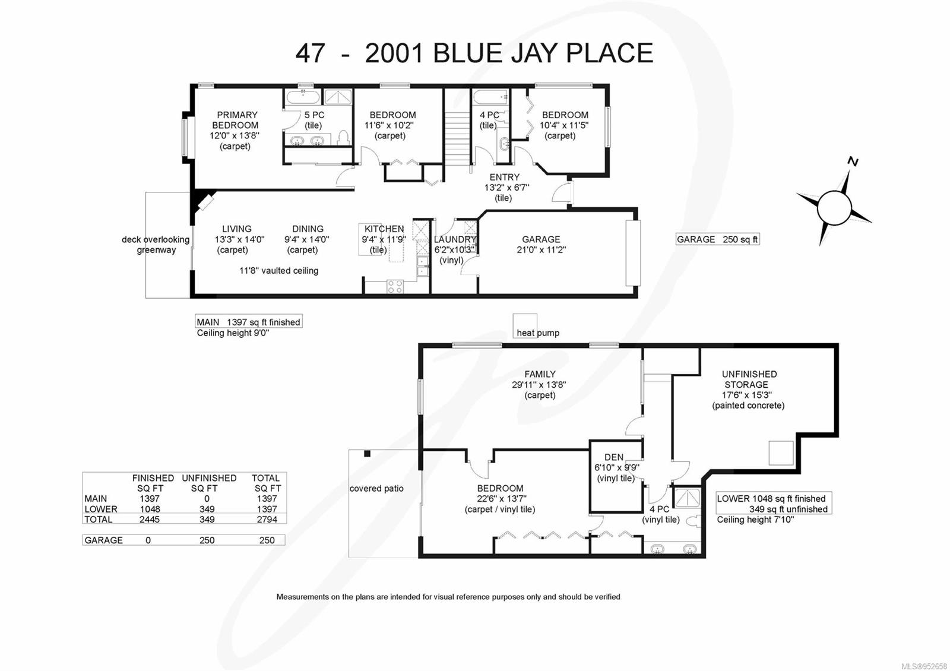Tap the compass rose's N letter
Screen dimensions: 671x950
point(853,162)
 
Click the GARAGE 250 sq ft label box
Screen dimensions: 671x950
point(717,239)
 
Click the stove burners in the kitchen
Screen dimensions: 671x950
point(395,287)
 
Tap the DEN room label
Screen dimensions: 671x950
point(614,457)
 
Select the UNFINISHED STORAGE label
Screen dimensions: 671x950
point(749,379)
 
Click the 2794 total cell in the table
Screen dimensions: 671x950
point(267,520)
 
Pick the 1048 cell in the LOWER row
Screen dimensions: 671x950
point(150,509)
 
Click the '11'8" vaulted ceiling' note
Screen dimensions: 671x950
point(279,271)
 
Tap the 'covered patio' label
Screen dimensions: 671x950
point(376,489)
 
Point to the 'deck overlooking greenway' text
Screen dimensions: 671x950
point(156,245)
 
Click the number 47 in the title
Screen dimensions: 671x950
point(310,53)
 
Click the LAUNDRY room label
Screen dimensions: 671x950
point(455,239)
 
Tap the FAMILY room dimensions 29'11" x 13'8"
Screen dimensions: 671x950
point(539,385)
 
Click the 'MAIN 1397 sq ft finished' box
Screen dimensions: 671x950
point(249,322)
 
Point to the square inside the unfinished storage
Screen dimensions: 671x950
point(781,453)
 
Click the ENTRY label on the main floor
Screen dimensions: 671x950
point(504,177)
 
